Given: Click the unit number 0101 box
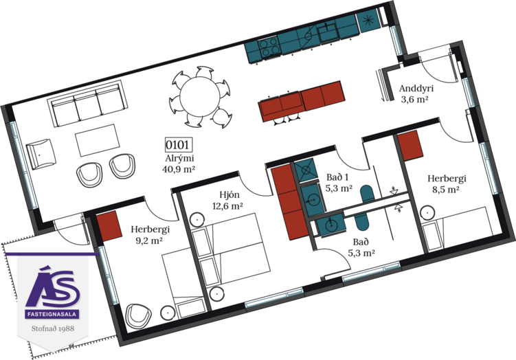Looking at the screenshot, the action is click(x=179, y=145).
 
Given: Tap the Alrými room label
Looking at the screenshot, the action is click(x=179, y=158).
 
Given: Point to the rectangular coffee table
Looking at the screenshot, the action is click(x=98, y=140).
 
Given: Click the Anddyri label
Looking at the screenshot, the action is click(x=416, y=88).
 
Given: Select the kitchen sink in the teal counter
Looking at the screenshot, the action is click(x=328, y=32).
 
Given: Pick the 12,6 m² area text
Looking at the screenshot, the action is click(x=227, y=206).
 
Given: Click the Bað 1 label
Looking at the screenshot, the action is click(x=337, y=177).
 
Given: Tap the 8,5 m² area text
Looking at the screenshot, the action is click(x=446, y=190).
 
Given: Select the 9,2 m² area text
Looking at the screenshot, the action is click(x=149, y=240).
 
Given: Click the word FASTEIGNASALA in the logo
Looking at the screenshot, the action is click(x=52, y=314).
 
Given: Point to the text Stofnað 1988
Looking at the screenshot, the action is click(x=53, y=328).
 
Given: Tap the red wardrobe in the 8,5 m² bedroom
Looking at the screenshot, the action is click(x=410, y=146).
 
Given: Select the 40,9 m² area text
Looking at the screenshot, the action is click(x=179, y=169).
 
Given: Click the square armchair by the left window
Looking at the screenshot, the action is click(x=41, y=154).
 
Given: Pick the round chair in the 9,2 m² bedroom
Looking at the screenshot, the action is click(x=139, y=315).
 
